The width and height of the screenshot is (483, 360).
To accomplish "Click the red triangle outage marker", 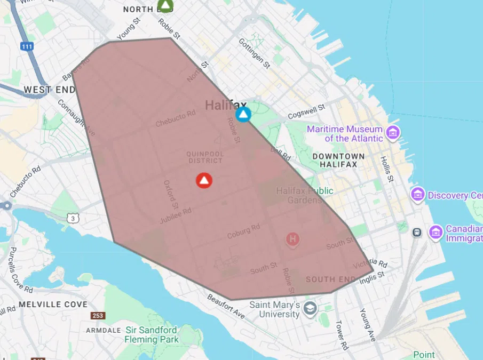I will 204,181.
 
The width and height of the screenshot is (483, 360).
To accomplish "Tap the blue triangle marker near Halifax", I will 243,114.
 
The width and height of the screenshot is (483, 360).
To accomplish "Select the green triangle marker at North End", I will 166,6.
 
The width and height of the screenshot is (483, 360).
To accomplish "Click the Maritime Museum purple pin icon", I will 393,132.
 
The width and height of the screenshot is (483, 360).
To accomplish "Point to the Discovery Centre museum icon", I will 417,195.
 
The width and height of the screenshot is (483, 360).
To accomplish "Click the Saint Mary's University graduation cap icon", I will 310,308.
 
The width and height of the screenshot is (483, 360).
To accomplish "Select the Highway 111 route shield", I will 27,46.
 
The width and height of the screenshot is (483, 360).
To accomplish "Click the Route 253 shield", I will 98,316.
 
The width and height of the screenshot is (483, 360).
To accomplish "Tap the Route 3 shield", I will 73,217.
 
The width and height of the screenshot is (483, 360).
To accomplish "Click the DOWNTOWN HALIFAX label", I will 338,161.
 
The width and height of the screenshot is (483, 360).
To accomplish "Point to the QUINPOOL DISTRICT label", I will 204,157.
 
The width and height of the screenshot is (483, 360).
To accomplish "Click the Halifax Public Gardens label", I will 304,195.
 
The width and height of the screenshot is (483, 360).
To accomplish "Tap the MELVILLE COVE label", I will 53,305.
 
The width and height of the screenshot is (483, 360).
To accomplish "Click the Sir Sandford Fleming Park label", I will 152,334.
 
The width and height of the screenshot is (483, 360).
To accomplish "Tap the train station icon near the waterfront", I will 417,232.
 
